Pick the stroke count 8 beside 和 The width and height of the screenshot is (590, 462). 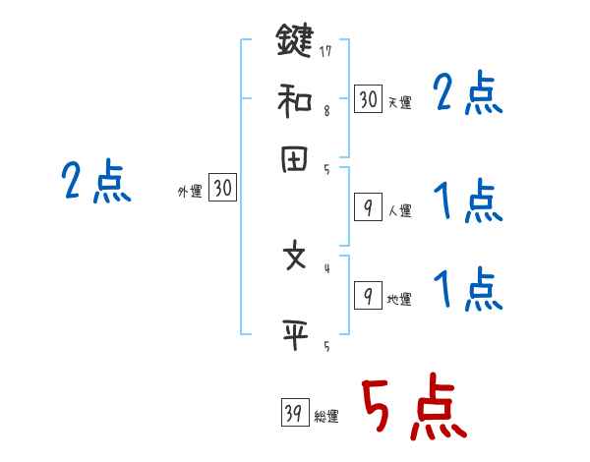(326, 110)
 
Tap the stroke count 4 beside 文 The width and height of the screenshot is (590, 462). (326, 266)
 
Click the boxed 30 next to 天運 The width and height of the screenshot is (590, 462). (368, 98)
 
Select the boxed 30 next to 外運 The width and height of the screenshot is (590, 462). (222, 188)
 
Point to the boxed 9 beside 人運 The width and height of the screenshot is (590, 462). (368, 207)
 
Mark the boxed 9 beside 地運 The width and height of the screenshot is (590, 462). (368, 296)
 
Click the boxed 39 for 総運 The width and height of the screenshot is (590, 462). (294, 413)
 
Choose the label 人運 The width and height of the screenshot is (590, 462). (399, 210)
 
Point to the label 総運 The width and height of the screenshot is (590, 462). (326, 417)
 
